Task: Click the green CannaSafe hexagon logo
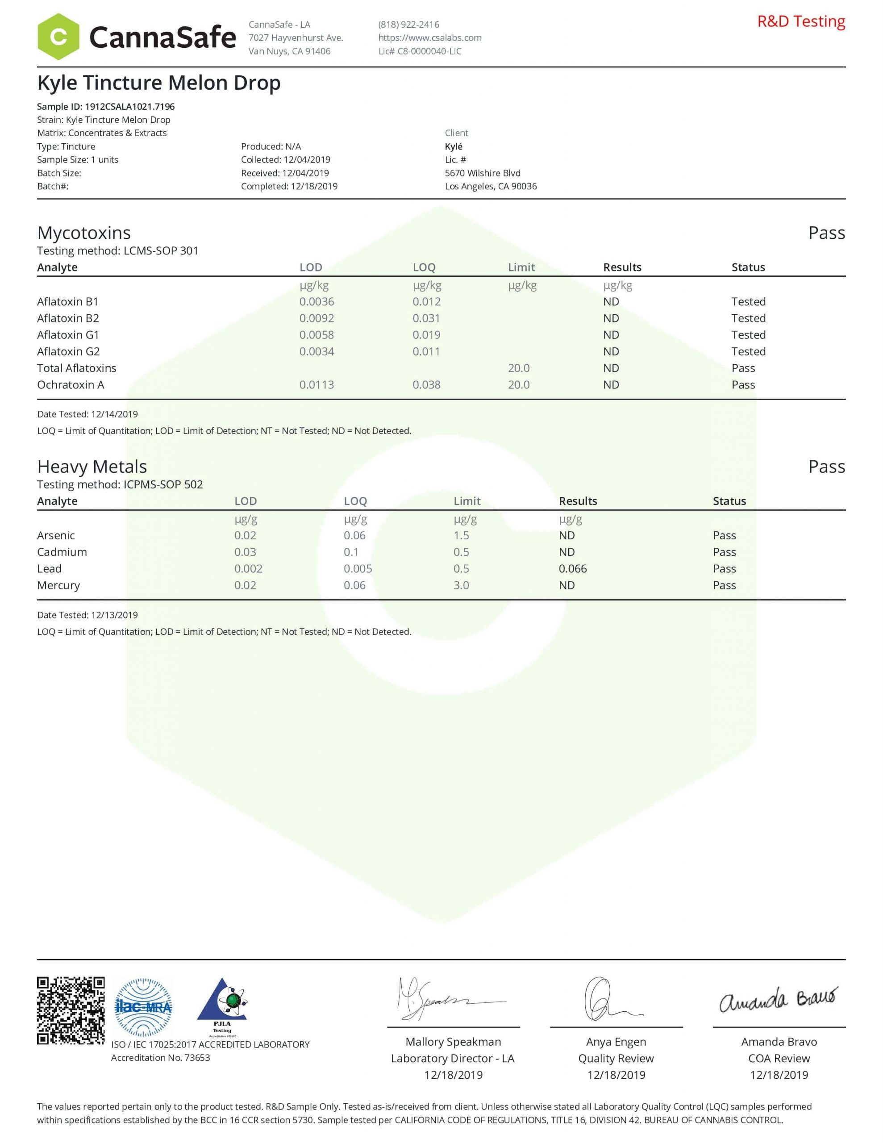pos(58,37)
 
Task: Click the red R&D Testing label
pos(801,22)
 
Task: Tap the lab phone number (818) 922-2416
pos(409,25)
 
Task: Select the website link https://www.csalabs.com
pos(430,38)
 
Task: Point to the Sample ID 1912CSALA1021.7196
pos(106,107)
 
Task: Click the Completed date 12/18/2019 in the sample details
pos(289,186)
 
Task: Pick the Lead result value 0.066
pos(573,569)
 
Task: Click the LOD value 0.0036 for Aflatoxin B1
pos(317,302)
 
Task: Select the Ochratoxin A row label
pos(71,385)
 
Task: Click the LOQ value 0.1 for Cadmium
pos(351,552)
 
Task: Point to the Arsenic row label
pos(56,535)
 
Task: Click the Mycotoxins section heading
pos(84,233)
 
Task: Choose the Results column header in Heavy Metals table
pos(578,501)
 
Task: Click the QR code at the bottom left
pos(71,1010)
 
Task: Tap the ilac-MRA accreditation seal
pos(143,1007)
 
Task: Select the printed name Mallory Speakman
pos(453,1042)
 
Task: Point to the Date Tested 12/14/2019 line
pos(87,414)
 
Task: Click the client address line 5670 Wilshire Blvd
pos(483,173)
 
